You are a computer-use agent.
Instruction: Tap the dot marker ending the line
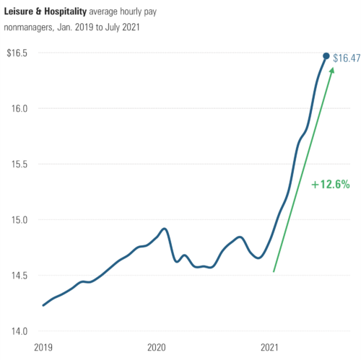(326, 56)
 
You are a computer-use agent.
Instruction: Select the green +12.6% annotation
(330, 185)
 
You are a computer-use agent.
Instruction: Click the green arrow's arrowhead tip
(333, 67)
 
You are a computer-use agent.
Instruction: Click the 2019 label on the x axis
(43, 347)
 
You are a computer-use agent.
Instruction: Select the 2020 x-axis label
(157, 347)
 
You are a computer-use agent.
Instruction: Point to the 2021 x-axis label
(270, 347)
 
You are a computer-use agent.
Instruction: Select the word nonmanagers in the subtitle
(31, 28)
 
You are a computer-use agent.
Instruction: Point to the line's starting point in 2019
(43, 305)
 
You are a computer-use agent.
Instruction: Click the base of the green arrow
(274, 272)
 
